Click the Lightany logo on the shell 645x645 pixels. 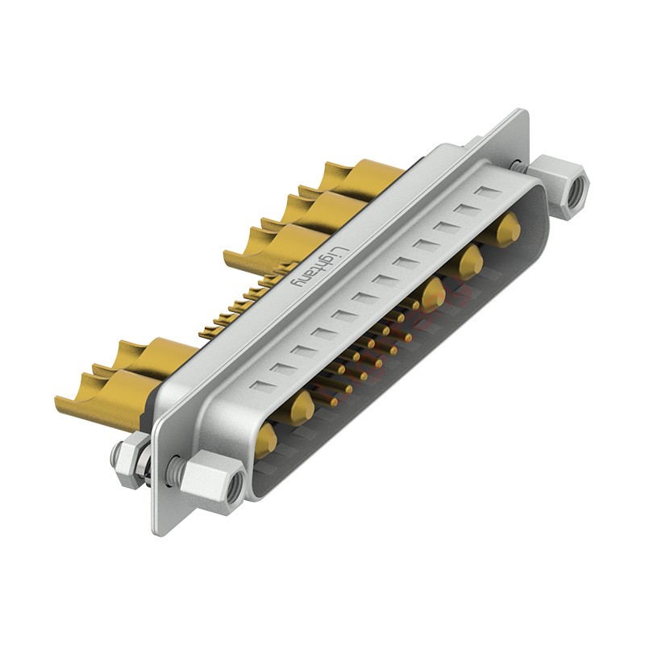tap(315, 267)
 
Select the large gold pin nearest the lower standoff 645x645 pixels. tap(265, 439)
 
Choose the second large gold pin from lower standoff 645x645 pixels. tap(302, 406)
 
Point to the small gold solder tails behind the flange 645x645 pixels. tap(234, 306)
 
